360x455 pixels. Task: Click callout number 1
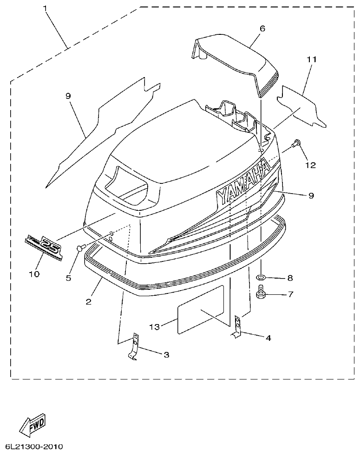(x=45, y=8)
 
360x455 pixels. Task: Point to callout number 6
(x=262, y=28)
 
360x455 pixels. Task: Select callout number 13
(x=155, y=327)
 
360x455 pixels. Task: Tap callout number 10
(x=34, y=274)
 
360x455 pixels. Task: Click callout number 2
(x=88, y=301)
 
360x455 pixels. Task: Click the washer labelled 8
(x=261, y=278)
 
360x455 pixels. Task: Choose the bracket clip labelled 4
(x=237, y=326)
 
